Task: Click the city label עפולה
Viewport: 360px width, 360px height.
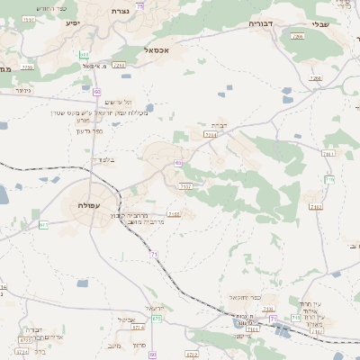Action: (86, 206)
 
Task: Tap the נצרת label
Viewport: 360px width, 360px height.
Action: (120, 11)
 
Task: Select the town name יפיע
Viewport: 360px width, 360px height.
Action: (73, 22)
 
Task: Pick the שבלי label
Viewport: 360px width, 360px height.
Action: (321, 24)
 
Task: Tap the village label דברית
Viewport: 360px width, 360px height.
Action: (219, 125)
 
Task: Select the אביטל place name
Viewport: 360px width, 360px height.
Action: (126, 319)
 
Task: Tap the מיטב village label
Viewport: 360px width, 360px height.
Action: (113, 345)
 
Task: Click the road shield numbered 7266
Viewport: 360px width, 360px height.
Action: (315, 78)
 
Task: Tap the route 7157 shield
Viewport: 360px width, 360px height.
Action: (185, 186)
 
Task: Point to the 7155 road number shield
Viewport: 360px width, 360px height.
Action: (174, 214)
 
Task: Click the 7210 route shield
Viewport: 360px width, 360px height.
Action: (120, 65)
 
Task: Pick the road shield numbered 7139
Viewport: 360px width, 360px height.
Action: (316, 331)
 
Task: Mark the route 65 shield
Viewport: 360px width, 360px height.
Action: (179, 163)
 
